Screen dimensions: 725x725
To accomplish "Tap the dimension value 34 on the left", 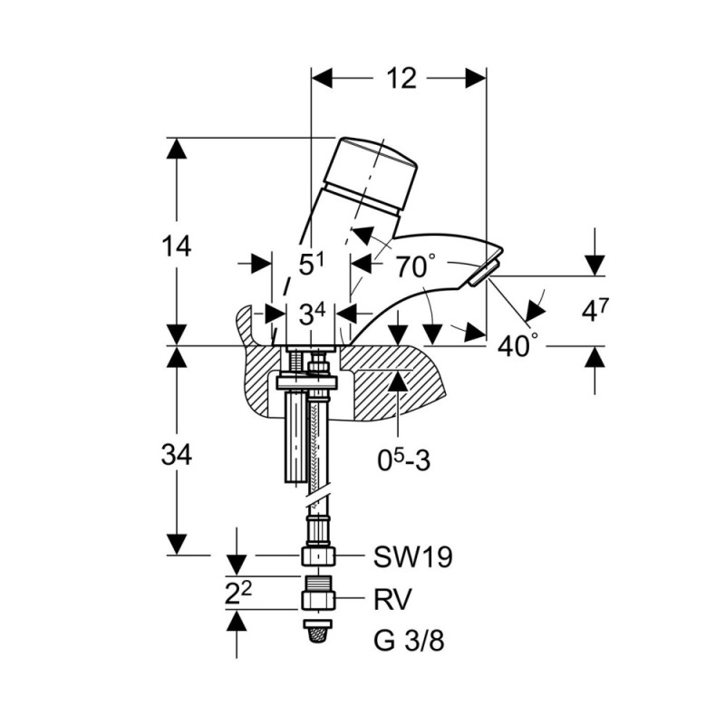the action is (x=176, y=455).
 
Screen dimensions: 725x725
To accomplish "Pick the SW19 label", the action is (x=413, y=556).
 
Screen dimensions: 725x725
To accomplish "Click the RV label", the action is (x=392, y=600).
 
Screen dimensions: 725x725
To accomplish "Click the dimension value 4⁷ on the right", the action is (x=595, y=310).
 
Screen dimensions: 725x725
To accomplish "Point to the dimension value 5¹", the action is (x=312, y=265).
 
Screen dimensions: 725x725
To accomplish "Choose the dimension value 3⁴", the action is (x=312, y=314).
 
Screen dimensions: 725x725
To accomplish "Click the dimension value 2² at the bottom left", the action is (x=238, y=593).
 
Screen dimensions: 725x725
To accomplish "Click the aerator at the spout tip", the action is (x=484, y=274).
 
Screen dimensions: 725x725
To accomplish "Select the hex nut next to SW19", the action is (x=318, y=556).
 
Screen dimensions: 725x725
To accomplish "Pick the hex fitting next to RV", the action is (x=318, y=600).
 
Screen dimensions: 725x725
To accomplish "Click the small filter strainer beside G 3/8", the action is (x=318, y=631).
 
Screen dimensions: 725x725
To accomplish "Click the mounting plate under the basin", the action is (x=307, y=382).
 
